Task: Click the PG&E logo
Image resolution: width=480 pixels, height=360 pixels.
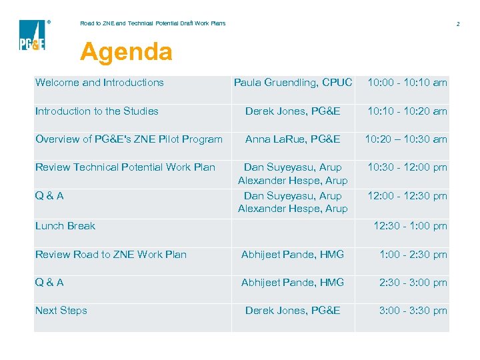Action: point(32,35)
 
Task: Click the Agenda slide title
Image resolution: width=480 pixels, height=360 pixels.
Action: point(126,52)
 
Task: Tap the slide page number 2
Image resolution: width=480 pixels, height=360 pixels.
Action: point(458,24)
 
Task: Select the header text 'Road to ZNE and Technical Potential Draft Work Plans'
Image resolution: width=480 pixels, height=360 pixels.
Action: point(153,23)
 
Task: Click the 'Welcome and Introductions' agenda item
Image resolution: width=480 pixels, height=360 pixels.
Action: point(99,83)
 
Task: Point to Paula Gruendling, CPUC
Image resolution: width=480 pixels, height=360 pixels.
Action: point(293,83)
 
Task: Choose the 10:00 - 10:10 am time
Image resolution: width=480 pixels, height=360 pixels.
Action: point(407,83)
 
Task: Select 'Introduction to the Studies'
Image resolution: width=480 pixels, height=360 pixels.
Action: point(97,111)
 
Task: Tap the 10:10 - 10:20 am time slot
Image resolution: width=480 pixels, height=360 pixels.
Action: point(407,111)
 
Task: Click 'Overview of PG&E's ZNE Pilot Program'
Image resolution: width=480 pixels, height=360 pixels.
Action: point(129,139)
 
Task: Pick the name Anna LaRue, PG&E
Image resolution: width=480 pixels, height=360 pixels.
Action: point(293,139)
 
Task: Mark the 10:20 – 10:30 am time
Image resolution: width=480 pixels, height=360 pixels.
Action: point(406,139)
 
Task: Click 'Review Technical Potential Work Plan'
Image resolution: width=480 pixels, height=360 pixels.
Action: point(125,167)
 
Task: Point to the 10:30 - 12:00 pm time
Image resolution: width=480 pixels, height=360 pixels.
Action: point(407,167)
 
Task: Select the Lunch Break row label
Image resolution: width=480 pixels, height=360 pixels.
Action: point(65,226)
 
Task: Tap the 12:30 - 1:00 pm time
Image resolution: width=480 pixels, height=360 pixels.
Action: point(410,226)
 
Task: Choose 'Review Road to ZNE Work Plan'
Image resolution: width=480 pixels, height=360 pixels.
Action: point(111,255)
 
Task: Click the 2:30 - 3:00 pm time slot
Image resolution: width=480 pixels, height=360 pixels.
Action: point(413,283)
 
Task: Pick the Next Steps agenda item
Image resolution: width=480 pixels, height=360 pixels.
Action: point(61,311)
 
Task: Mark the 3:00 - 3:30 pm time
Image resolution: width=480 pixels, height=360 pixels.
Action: point(413,311)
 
